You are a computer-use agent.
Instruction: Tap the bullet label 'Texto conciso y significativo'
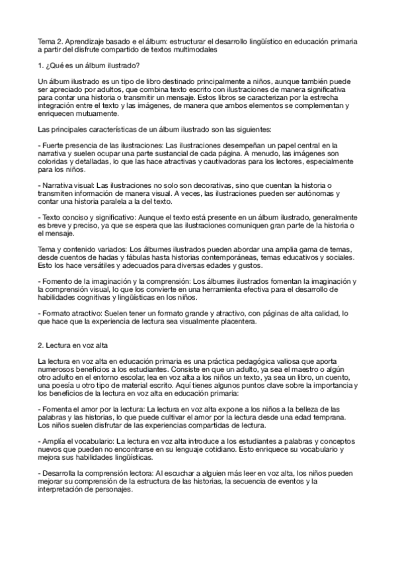click(87, 217)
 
